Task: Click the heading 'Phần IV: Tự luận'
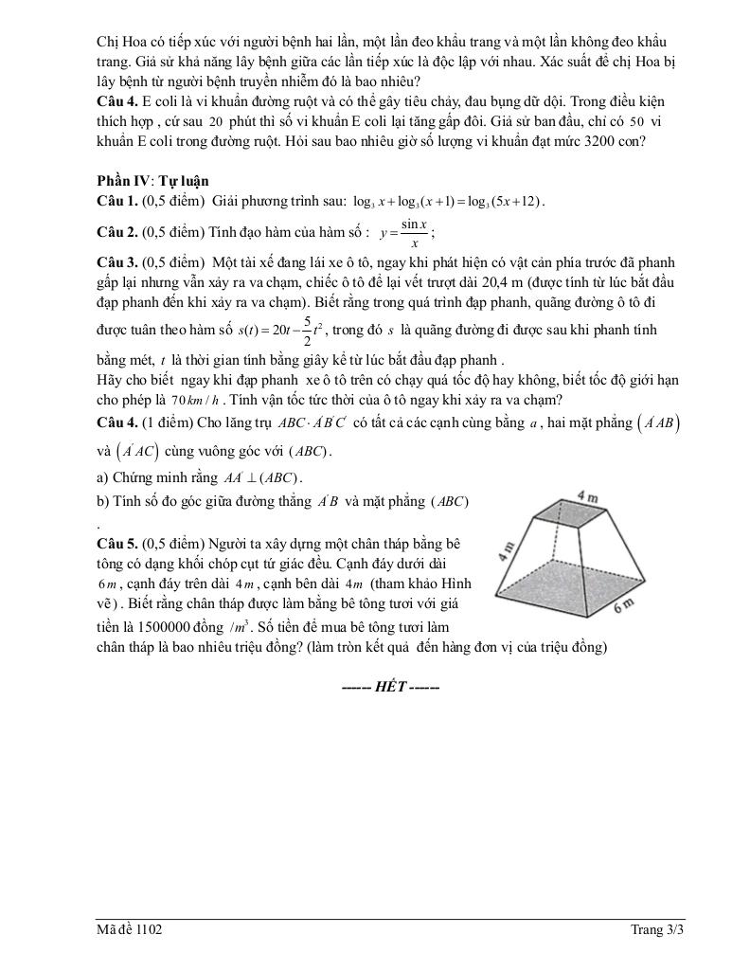[152, 181]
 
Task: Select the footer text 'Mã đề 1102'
[129, 930]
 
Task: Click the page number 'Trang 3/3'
[657, 930]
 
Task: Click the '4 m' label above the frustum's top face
[587, 496]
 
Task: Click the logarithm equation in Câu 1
[448, 201]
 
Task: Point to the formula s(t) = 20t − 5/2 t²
[282, 331]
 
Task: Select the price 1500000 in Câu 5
[168, 628]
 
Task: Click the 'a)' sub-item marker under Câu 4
[102, 476]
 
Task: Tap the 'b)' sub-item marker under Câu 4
[102, 501]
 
